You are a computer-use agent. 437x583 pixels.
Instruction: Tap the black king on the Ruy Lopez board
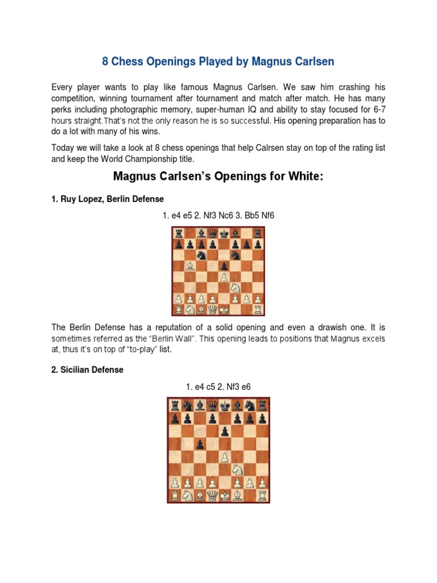click(224, 233)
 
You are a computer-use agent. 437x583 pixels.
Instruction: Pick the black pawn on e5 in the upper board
click(224, 266)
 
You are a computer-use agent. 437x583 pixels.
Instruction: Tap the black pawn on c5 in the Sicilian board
click(200, 443)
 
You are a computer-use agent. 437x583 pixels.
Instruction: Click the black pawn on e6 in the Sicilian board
click(225, 431)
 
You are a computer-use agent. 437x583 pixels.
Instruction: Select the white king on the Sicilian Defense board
click(225, 495)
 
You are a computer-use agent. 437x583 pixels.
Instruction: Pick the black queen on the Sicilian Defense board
click(212, 405)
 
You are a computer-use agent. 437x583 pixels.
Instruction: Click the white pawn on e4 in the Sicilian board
click(225, 457)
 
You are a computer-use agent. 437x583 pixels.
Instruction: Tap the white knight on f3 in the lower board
click(238, 469)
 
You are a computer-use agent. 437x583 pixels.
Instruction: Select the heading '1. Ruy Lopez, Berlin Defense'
click(108, 199)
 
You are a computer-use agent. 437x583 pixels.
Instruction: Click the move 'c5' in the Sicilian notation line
click(212, 387)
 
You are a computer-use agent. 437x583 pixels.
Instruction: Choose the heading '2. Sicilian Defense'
click(87, 369)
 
